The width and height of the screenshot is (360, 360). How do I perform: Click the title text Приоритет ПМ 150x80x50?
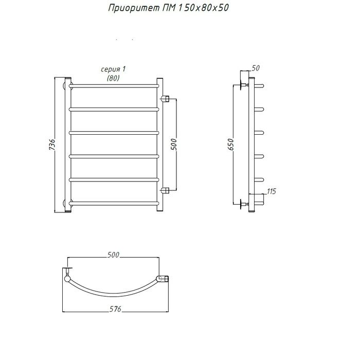168,8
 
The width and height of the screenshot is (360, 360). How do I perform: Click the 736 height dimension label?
52,145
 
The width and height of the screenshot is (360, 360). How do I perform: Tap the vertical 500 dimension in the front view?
174,145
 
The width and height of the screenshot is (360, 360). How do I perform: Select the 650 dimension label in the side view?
230,145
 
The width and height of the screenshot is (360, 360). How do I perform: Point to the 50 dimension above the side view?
256,68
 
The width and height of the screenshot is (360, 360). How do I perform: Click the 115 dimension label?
272,191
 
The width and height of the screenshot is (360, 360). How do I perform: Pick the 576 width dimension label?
115,309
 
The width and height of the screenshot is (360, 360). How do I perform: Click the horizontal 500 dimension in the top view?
114,255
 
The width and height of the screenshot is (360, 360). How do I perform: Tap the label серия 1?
113,69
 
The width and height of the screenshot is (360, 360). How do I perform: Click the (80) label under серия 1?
113,78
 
